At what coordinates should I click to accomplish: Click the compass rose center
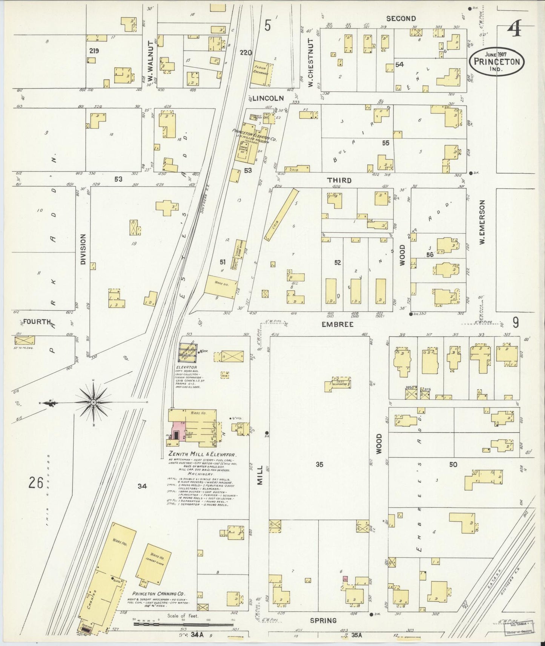point(93,403)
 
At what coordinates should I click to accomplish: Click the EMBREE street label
point(338,324)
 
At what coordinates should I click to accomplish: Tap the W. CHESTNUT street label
point(311,63)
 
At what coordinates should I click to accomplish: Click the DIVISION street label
point(83,249)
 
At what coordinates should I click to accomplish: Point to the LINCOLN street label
point(268,98)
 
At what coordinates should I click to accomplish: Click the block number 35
point(319,465)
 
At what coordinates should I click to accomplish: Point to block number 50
point(453,465)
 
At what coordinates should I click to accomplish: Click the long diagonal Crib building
point(281,215)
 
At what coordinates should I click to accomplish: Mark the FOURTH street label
point(37,322)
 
